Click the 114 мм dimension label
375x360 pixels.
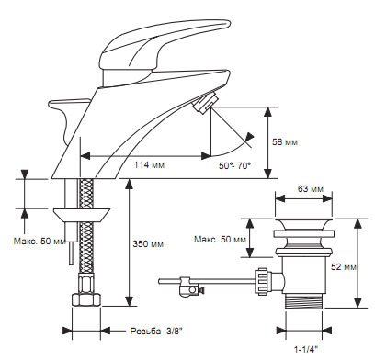pos(149,165)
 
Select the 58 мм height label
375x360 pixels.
pos(285,142)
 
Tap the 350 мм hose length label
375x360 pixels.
pos(148,244)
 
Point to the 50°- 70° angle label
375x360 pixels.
pos(234,165)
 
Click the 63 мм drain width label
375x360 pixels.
pos(311,189)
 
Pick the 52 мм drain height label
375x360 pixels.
pos(344,267)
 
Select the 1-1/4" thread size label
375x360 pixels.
pos(306,349)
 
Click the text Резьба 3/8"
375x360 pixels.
pos(156,331)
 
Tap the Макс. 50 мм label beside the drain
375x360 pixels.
pos(220,239)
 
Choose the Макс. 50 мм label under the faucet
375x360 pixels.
pos(40,241)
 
